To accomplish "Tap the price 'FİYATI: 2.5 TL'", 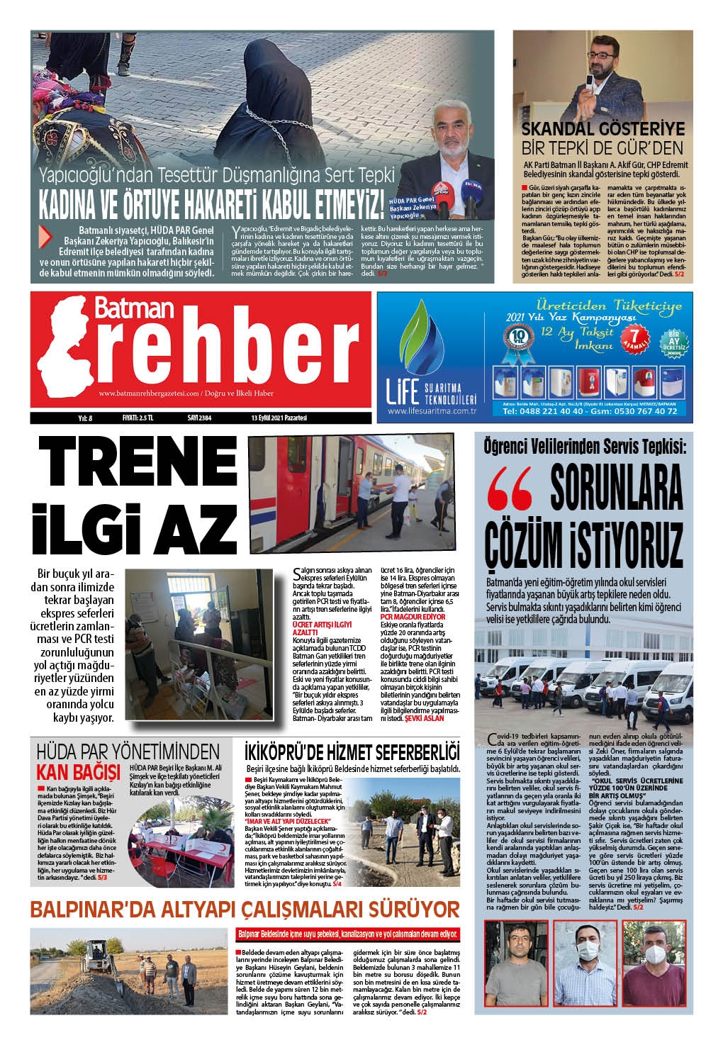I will click(138, 418).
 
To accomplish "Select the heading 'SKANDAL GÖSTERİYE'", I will click(602, 130).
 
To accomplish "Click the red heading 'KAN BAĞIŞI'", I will click(78, 771).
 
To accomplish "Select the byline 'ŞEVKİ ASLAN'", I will click(424, 719).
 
